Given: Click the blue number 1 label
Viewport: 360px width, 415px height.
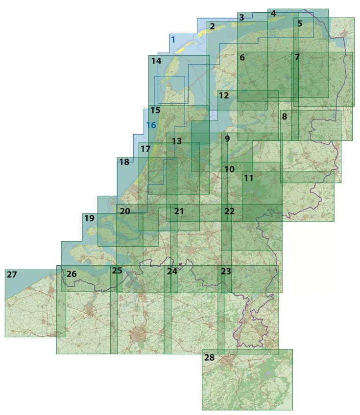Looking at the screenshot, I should click(x=173, y=40).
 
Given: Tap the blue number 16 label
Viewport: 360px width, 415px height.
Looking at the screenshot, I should click(x=151, y=125).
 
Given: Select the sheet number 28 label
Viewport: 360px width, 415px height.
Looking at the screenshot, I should click(x=209, y=358).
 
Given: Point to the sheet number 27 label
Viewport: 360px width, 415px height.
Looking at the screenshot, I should click(x=12, y=275).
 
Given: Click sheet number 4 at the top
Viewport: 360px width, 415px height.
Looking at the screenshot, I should click(x=273, y=13).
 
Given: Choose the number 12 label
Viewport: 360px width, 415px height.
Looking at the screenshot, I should click(x=224, y=95).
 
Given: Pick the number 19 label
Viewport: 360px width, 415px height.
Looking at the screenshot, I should click(x=89, y=218).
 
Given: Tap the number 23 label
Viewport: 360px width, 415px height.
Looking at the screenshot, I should click(x=225, y=271).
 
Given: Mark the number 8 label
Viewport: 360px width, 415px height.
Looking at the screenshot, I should click(x=284, y=117).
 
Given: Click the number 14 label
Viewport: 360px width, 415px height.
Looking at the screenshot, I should click(x=156, y=61).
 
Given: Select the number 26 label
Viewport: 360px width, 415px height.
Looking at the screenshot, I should click(x=72, y=274).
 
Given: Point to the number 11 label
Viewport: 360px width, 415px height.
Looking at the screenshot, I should click(x=248, y=178).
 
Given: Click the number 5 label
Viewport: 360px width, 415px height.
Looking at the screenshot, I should click(x=300, y=23).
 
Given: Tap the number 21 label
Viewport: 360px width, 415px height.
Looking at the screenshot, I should click(x=179, y=211).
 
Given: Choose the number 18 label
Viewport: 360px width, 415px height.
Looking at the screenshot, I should click(x=124, y=162).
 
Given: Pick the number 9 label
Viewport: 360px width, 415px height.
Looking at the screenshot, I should click(x=227, y=139).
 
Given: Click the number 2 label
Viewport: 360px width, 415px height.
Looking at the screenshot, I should click(x=212, y=26).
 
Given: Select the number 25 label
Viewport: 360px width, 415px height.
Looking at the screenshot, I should click(x=117, y=270).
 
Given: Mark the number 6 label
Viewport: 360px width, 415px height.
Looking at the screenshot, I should click(x=242, y=57).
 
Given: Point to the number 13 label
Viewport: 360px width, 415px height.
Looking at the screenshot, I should click(x=177, y=141).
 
